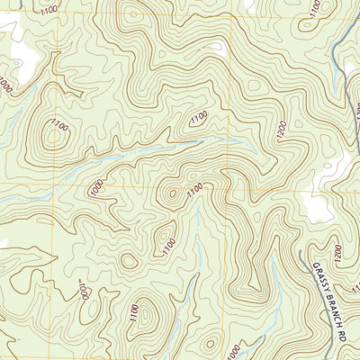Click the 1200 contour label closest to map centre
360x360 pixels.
(x=283, y=131)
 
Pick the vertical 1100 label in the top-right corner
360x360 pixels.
(x=314, y=10)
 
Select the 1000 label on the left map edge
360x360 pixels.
(x=7, y=86)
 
